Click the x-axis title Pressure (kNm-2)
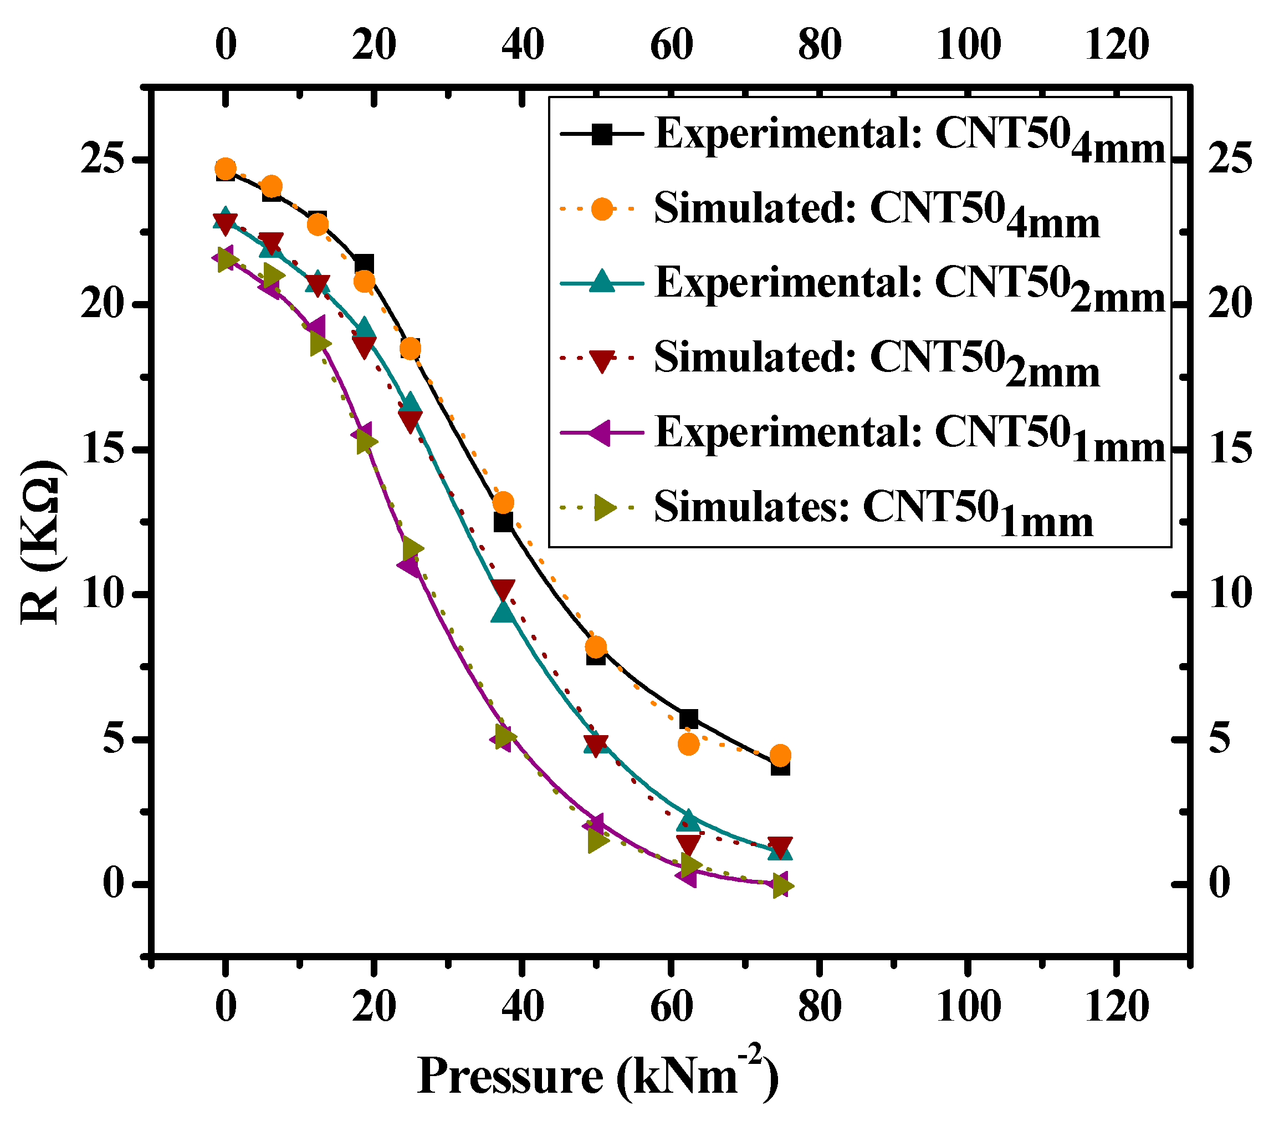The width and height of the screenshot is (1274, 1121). [597, 1077]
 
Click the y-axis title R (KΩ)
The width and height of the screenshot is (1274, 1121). [41, 542]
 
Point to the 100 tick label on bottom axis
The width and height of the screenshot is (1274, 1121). [968, 1006]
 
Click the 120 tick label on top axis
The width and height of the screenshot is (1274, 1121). [1116, 45]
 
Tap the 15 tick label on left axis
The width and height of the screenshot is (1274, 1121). [103, 450]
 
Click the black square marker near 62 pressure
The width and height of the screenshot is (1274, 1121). [688, 719]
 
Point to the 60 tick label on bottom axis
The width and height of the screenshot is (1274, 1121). [671, 1006]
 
